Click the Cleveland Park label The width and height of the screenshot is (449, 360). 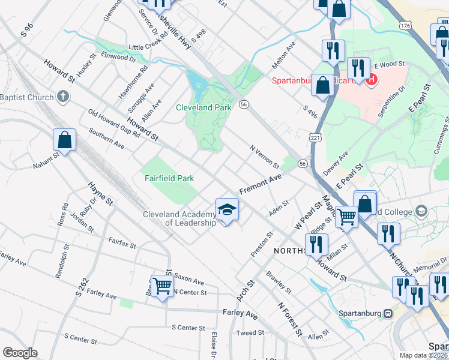click(203, 107)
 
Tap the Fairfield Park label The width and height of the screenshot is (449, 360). click(169, 178)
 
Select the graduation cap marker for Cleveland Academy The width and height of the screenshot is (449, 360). click(226, 209)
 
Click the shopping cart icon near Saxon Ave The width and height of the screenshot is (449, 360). click(162, 286)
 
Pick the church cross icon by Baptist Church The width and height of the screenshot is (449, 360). click(63, 97)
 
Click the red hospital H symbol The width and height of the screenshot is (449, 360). click(372, 79)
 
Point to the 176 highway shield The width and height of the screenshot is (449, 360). click(406, 26)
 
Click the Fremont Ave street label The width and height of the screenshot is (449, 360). click(261, 184)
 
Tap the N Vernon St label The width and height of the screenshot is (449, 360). click(265, 156)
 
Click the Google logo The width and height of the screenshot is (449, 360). click(20, 353)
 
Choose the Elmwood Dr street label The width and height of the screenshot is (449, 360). click(119, 58)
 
